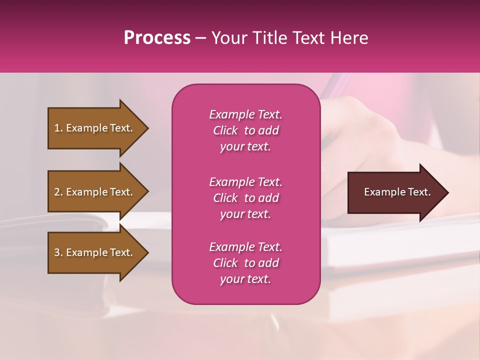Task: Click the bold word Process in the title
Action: tap(157, 38)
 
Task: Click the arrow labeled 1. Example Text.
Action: tap(95, 128)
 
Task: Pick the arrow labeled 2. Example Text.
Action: tap(95, 192)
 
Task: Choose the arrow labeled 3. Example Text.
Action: tap(95, 252)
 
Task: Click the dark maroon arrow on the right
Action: tap(395, 192)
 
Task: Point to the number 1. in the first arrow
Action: tap(58, 128)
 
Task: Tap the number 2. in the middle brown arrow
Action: tap(58, 192)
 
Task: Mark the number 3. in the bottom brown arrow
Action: tap(58, 252)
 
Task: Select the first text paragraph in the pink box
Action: tap(245, 130)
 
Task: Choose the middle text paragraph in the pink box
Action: tap(245, 198)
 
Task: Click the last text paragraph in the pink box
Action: tap(245, 263)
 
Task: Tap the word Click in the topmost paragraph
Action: tap(225, 130)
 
